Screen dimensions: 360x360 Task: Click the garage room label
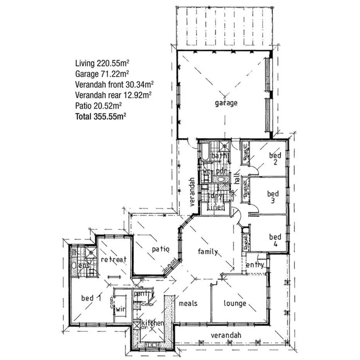pyautogui.click(x=226, y=103)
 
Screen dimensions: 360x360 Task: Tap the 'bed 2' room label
pyautogui.click(x=275, y=158)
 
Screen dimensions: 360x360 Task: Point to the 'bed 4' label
pyautogui.click(x=275, y=239)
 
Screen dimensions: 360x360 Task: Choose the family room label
pyautogui.click(x=208, y=252)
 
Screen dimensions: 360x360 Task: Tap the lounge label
pyautogui.click(x=235, y=303)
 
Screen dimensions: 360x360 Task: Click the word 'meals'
pyautogui.click(x=188, y=303)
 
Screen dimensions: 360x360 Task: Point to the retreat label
pyautogui.click(x=114, y=260)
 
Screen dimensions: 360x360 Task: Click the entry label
pyautogui.click(x=255, y=265)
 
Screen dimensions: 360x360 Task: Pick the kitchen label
pyautogui.click(x=153, y=323)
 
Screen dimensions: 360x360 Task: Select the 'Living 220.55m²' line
pyautogui.click(x=102, y=63)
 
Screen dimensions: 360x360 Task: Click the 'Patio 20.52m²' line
pyautogui.click(x=99, y=105)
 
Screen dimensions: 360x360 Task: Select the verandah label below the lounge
pyautogui.click(x=226, y=335)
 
